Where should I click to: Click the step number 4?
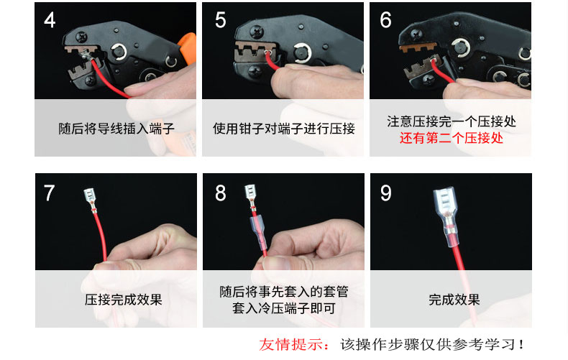[x=50, y=20]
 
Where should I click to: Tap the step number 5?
[x=220, y=20]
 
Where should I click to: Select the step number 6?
[x=385, y=20]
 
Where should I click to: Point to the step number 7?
[x=50, y=193]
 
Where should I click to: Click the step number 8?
[x=220, y=193]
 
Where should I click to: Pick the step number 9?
[x=386, y=193]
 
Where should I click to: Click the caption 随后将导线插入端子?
[x=116, y=129]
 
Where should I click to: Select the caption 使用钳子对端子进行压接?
[x=283, y=129]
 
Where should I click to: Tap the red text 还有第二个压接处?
[x=451, y=138]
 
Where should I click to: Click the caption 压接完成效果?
[x=123, y=300]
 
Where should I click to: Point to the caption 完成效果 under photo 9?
[x=454, y=300]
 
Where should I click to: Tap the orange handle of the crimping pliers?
[x=188, y=48]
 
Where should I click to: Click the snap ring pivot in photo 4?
[x=119, y=52]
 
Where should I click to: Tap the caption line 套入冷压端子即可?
[x=283, y=308]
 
